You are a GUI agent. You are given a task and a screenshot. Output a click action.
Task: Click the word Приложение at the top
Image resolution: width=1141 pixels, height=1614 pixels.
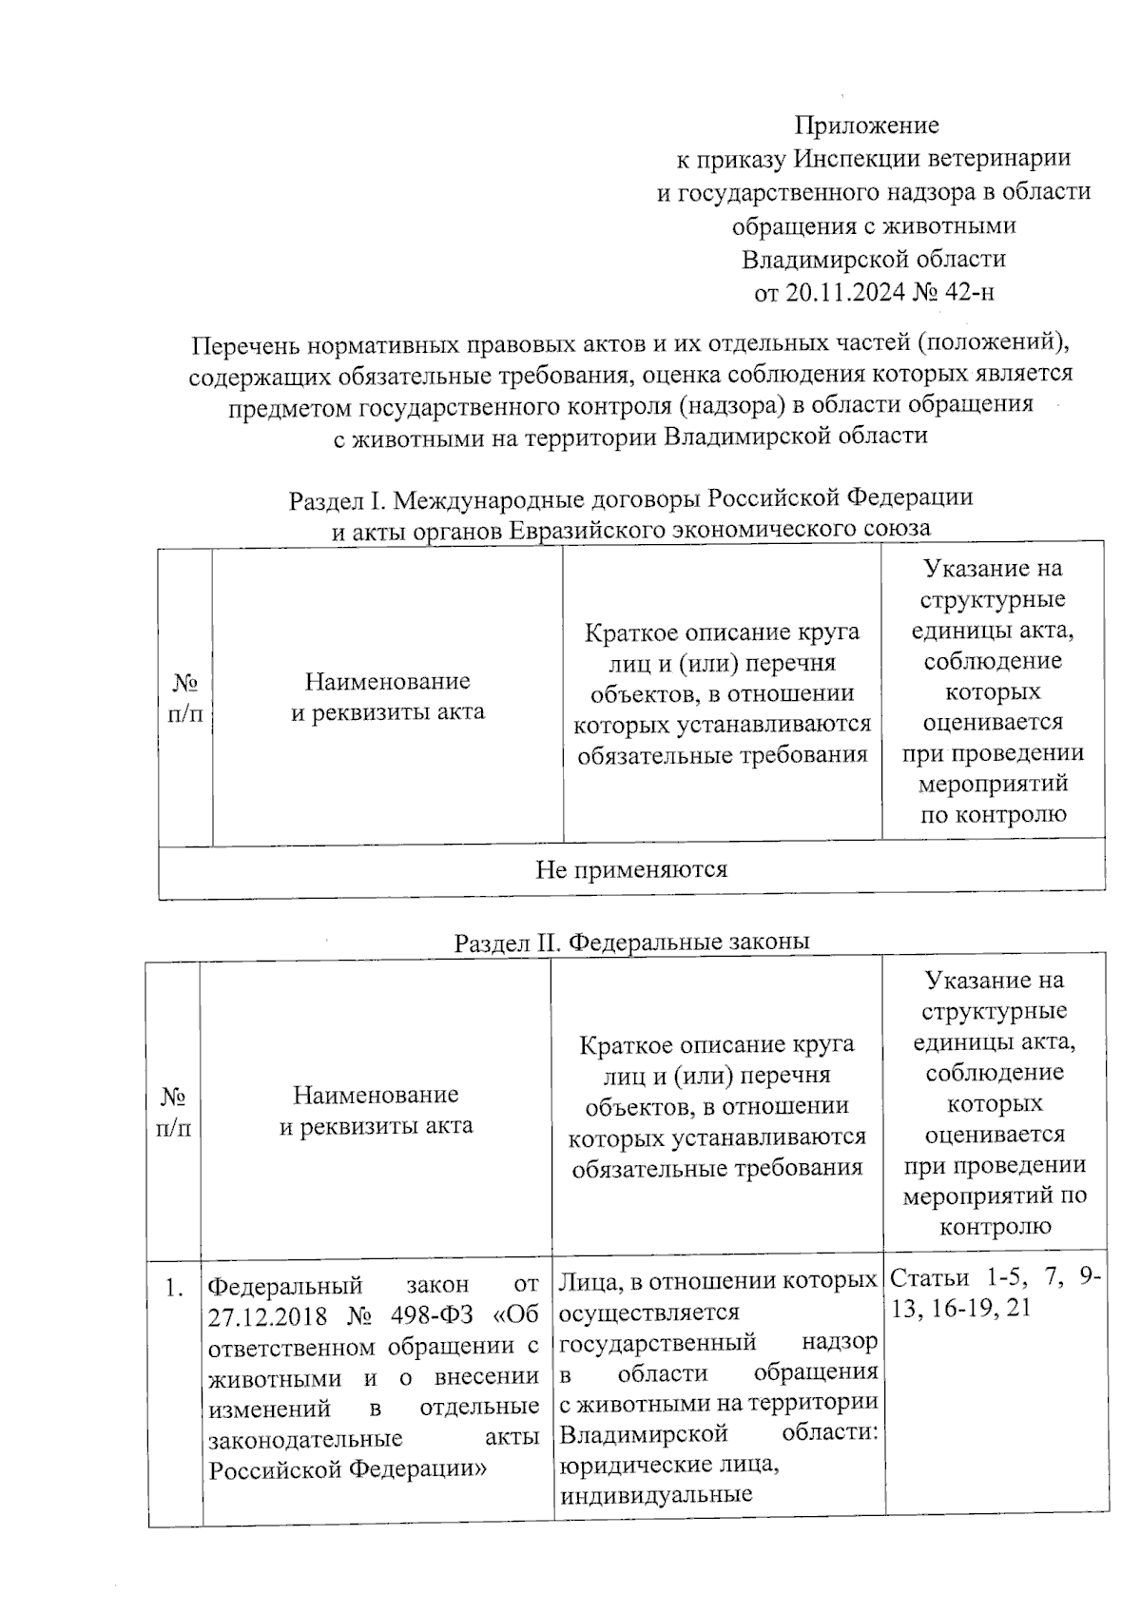coord(866,126)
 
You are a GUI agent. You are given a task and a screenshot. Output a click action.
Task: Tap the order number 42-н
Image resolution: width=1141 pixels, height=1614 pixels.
coord(971,292)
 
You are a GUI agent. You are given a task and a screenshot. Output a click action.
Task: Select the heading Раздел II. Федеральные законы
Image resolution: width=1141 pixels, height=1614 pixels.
coord(631,942)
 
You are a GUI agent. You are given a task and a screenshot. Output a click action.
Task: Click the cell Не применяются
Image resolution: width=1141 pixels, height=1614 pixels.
coord(631,869)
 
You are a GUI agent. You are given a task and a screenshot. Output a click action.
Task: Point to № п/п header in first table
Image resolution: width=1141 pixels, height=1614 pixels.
coord(185,698)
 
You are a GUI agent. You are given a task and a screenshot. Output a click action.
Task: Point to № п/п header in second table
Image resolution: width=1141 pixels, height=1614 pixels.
coord(173,1111)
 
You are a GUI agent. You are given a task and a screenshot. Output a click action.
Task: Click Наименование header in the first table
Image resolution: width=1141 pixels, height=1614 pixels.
coord(387,681)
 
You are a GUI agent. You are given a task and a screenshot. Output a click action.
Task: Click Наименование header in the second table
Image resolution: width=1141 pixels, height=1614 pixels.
coord(376,1095)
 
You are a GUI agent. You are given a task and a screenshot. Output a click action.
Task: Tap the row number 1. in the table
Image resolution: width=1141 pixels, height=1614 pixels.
coord(173,1289)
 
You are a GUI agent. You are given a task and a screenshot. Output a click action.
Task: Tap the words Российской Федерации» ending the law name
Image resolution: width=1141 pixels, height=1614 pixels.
coord(348,1469)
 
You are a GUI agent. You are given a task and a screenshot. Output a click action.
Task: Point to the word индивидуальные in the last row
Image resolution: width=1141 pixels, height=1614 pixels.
coord(655,1494)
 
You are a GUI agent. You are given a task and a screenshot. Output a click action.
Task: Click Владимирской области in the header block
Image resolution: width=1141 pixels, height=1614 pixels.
coord(873,259)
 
